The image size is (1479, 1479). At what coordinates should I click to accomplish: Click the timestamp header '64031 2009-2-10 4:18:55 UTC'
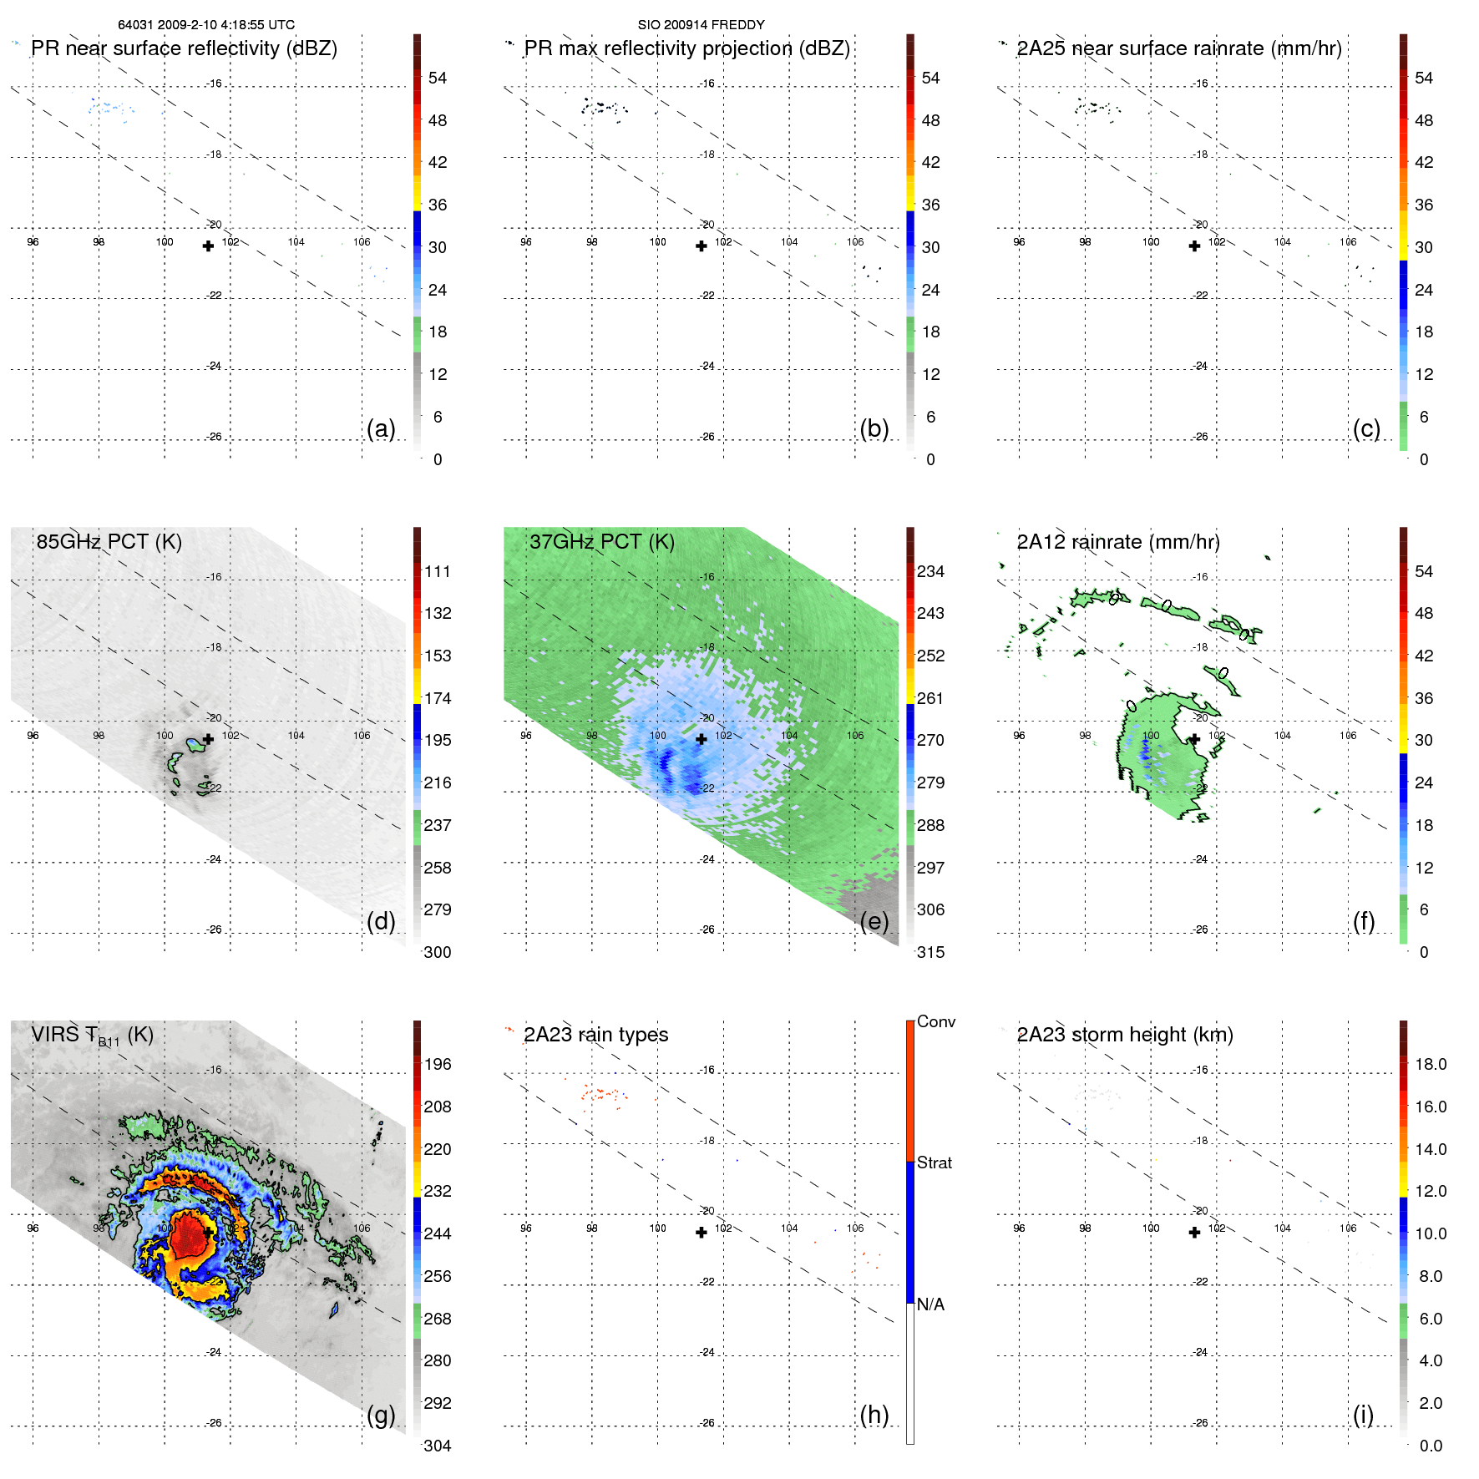coord(206,25)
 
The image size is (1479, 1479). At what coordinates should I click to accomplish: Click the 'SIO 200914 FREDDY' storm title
coord(701,25)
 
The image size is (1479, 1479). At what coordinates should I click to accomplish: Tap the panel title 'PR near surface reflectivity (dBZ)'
coord(184,48)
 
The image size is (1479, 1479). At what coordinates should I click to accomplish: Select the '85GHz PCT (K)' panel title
coord(109,542)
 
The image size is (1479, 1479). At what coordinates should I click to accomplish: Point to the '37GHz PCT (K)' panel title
coord(601,542)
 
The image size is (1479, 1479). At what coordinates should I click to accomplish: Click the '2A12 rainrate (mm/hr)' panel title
coord(1117,542)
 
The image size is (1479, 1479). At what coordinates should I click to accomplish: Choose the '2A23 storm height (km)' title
coord(1124,1035)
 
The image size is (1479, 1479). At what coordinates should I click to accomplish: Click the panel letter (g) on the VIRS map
coord(381,1415)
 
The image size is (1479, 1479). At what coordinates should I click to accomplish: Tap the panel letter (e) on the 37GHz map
coord(874,921)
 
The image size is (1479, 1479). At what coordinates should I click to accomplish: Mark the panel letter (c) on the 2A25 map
coord(1366,428)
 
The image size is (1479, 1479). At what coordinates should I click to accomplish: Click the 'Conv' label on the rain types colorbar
coord(935,1021)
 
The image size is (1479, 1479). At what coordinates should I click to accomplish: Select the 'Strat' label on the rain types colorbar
coord(934,1162)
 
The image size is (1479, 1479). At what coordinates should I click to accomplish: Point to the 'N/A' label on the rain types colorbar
coord(930,1304)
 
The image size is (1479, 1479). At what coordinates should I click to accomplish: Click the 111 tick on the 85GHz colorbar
coord(437,572)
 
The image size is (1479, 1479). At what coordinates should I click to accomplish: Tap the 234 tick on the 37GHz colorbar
coord(930,572)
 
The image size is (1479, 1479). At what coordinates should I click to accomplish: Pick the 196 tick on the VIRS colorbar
coord(437,1065)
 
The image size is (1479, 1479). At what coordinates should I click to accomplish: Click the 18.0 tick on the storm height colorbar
coord(1430,1065)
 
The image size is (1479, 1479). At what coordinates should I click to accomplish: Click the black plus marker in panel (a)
coord(208,246)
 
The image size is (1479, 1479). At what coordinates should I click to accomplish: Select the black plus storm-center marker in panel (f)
coord(1194,739)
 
